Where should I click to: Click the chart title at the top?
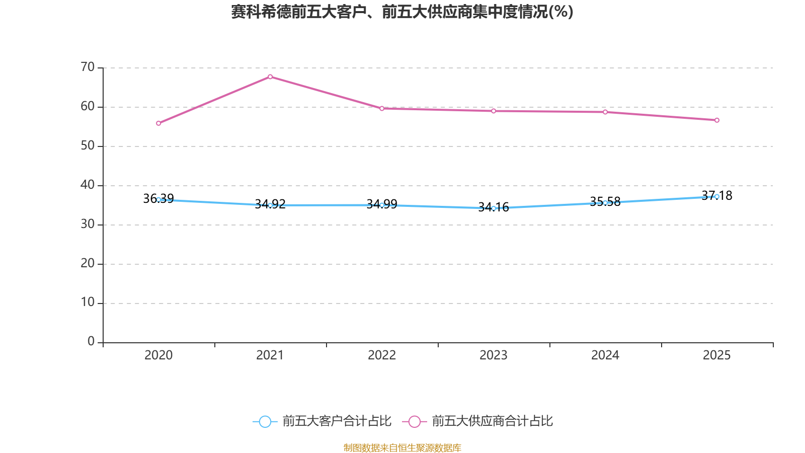point(402,12)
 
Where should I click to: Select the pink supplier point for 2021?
point(270,77)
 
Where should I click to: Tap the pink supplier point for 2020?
point(158,123)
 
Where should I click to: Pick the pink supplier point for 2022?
point(382,108)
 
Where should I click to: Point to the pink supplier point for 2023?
point(494,111)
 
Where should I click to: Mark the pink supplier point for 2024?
point(605,112)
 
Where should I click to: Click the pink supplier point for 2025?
point(717,120)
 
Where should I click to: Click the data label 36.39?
point(158,198)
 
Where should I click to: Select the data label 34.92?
point(270,204)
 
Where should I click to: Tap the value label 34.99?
point(382,204)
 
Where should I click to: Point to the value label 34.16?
point(494,207)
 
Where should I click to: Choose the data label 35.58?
point(605,202)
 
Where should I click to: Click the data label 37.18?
point(717,196)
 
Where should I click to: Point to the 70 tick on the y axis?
point(88,67)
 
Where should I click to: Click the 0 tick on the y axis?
point(91,341)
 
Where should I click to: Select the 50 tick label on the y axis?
point(88,145)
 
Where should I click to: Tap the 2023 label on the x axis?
point(494,355)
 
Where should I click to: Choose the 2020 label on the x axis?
point(158,355)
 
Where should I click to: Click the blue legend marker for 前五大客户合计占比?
point(265,421)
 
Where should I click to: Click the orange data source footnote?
point(402,448)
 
